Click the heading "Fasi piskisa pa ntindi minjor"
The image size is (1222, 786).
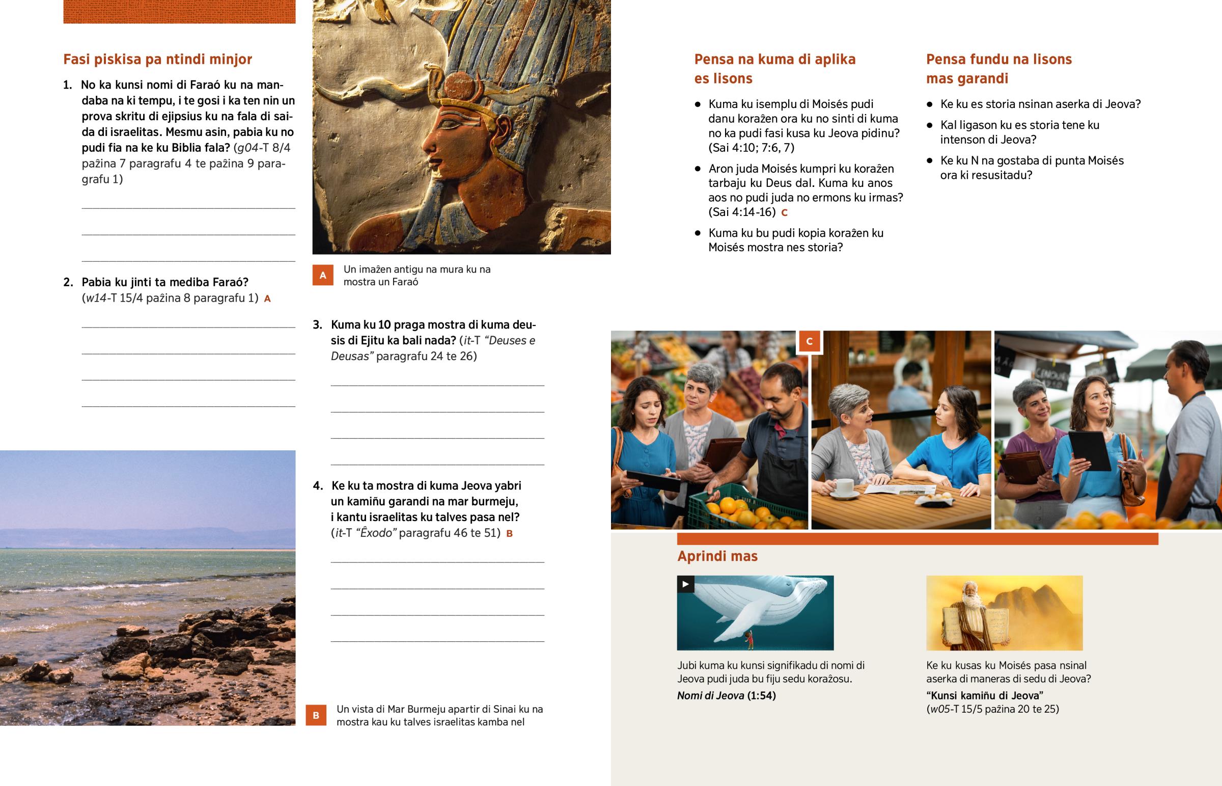[157, 59]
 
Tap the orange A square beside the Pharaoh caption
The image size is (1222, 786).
[323, 275]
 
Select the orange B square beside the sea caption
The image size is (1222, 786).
[316, 715]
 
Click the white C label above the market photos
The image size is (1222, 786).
[810, 341]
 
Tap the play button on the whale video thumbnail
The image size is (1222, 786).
[685, 584]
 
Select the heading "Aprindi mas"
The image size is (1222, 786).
[717, 556]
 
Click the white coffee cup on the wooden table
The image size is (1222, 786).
[845, 487]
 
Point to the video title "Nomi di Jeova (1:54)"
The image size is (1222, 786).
[726, 695]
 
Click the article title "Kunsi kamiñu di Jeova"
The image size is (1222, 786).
[984, 695]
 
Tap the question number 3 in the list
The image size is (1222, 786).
[317, 324]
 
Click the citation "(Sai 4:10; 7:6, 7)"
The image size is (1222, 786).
[751, 148]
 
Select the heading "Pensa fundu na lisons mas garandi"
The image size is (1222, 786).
[998, 68]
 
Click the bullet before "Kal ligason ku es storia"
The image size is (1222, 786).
[930, 125]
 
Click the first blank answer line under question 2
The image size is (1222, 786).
[188, 327]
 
